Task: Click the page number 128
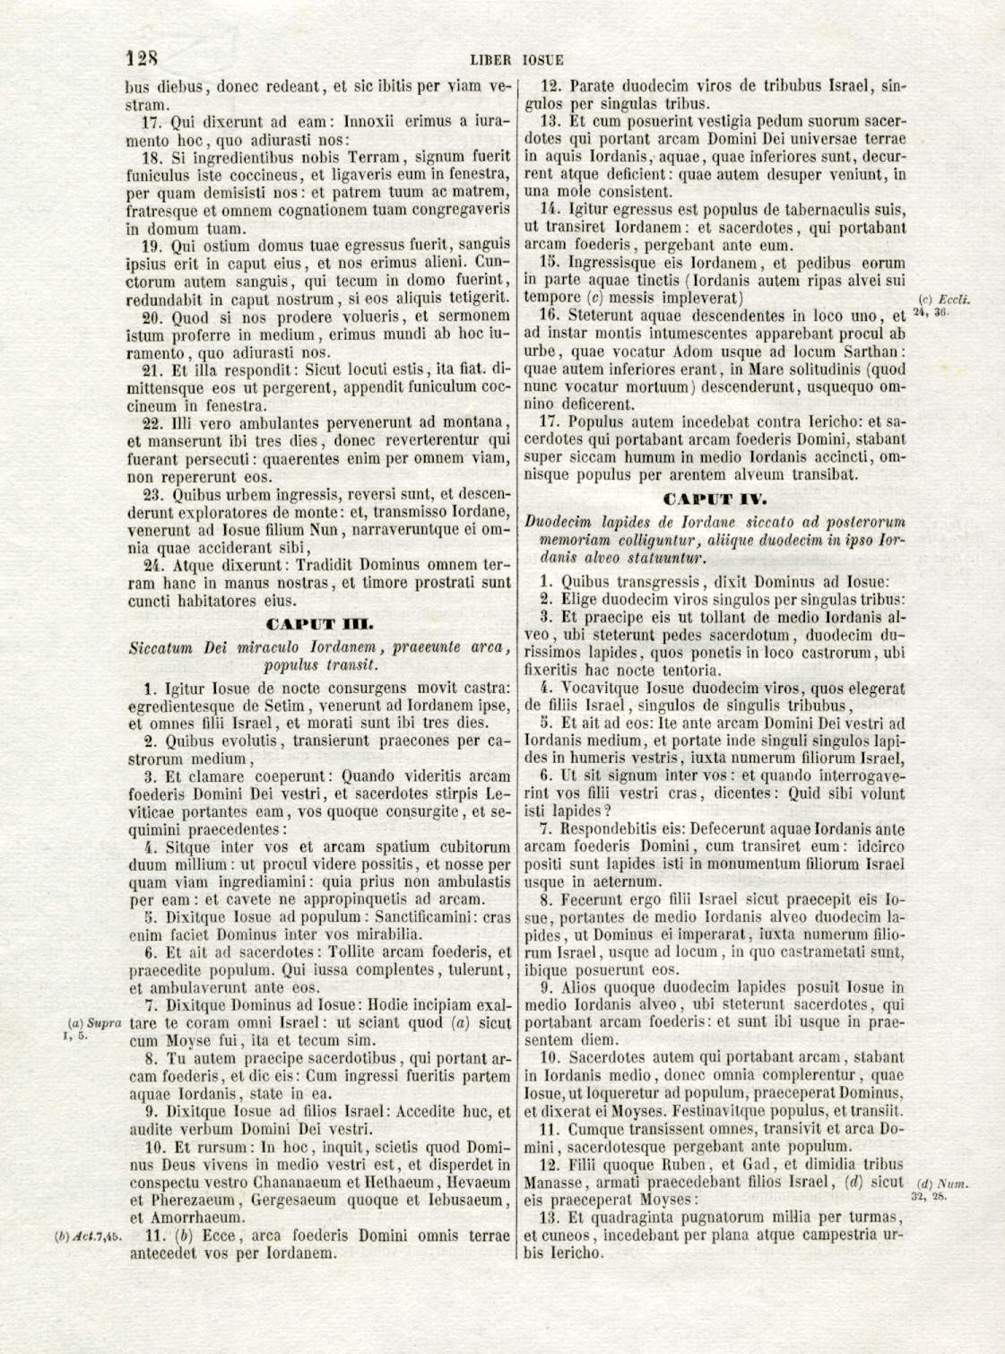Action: pyautogui.click(x=142, y=59)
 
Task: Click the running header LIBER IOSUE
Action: pyautogui.click(x=517, y=61)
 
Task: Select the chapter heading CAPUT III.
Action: pyautogui.click(x=319, y=624)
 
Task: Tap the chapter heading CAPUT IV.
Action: pyautogui.click(x=714, y=499)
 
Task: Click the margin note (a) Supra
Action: pyautogui.click(x=94, y=1022)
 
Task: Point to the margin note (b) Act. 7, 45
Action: pyautogui.click(x=88, y=1237)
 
